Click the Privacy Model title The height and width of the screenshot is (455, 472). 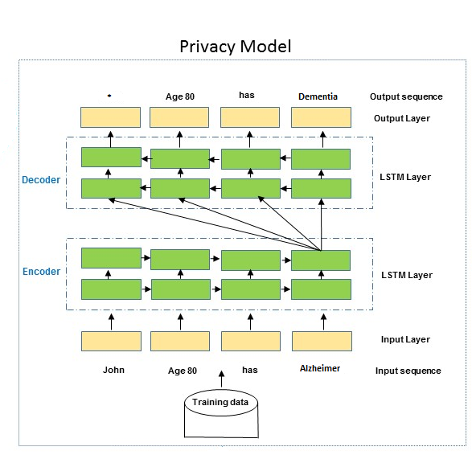pos(236,47)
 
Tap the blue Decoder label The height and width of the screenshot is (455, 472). pos(41,180)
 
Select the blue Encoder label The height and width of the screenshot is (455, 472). pos(42,272)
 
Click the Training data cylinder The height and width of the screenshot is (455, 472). pos(221,413)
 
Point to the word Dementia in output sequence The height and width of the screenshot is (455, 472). pos(318,96)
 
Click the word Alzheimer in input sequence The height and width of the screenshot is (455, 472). pos(320,368)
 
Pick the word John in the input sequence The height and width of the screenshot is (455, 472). pos(113,370)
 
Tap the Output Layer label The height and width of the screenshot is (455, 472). pos(402,118)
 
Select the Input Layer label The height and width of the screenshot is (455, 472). pos(405,339)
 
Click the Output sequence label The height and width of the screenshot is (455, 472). pos(406,96)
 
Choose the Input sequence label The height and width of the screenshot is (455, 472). pos(408,371)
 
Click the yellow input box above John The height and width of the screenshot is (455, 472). pos(111,341)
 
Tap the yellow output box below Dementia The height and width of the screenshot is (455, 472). pos(321,117)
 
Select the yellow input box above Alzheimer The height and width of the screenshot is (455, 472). pos(322,341)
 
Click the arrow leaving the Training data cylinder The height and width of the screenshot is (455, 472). pos(222,379)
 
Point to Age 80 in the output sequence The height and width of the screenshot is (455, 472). pos(180,96)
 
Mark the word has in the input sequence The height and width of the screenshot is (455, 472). pos(250,370)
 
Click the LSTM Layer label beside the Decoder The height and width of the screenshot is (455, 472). pos(405,177)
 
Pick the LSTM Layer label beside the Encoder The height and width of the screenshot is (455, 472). pos(407,275)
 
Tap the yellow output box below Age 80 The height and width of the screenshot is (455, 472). pos(179,117)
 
